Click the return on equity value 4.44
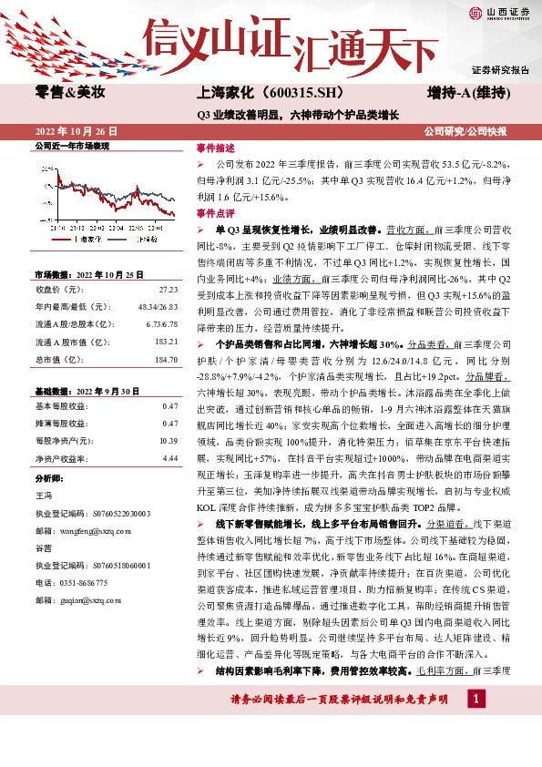pyautogui.click(x=169, y=458)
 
